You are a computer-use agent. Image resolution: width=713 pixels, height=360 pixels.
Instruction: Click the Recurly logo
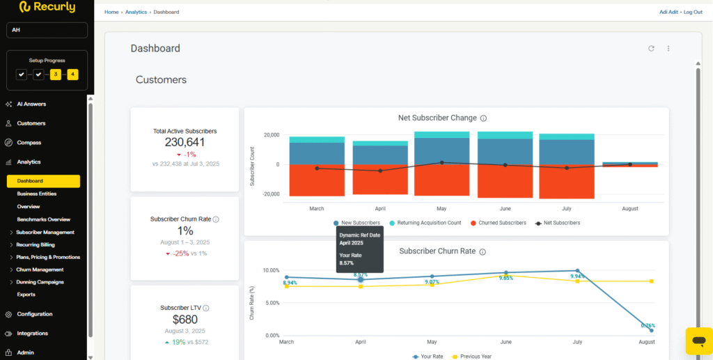[x=47, y=7]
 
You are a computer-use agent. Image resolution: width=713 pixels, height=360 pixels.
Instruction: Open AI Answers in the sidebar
[x=31, y=104]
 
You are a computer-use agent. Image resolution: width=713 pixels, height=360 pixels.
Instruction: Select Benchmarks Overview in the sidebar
[x=43, y=219]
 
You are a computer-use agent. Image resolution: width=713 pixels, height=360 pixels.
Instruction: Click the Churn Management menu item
[x=39, y=269]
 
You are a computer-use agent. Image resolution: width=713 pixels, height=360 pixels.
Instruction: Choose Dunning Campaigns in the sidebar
[x=40, y=282]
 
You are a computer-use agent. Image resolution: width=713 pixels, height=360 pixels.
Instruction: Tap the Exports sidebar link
[x=26, y=295]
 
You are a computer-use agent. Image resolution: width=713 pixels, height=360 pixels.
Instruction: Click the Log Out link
[x=693, y=12]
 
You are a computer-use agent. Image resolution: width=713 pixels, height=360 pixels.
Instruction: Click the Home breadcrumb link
[x=111, y=12]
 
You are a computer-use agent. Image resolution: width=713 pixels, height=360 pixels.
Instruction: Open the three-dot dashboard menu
[x=668, y=49]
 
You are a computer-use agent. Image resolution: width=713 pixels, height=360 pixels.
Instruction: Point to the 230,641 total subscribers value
[x=185, y=142]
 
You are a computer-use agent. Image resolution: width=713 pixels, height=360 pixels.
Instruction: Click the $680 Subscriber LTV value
[x=185, y=320]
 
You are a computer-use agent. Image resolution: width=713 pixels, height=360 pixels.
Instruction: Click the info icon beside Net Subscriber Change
[x=483, y=118]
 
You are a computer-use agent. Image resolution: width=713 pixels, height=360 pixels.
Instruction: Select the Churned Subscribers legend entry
[x=500, y=223]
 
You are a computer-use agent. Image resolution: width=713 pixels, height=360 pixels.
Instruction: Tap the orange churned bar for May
[x=441, y=181]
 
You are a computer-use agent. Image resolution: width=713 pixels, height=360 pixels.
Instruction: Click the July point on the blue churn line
[x=577, y=271]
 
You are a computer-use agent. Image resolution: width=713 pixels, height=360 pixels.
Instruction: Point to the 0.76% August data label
[x=648, y=325]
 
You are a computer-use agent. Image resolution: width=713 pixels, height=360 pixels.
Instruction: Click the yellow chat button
[x=697, y=340]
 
